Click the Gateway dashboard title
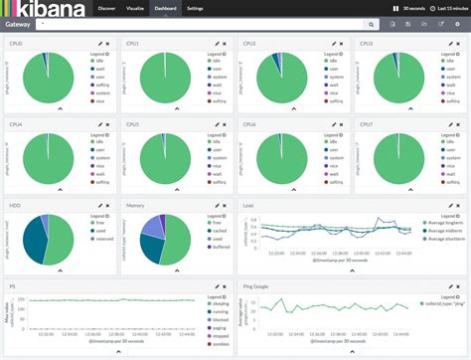click(18, 23)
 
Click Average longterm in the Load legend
click(440, 224)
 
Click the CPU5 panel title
click(133, 125)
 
